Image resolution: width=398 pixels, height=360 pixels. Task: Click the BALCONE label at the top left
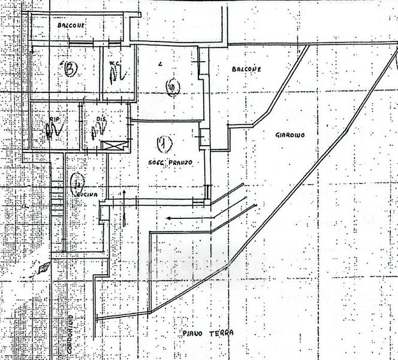click(x=71, y=26)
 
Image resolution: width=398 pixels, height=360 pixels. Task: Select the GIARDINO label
click(x=290, y=136)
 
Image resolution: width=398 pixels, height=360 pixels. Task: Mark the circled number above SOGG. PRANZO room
click(x=172, y=89)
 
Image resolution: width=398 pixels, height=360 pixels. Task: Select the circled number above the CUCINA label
click(x=76, y=178)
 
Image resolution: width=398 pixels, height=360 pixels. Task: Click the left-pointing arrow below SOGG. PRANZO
click(x=189, y=217)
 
